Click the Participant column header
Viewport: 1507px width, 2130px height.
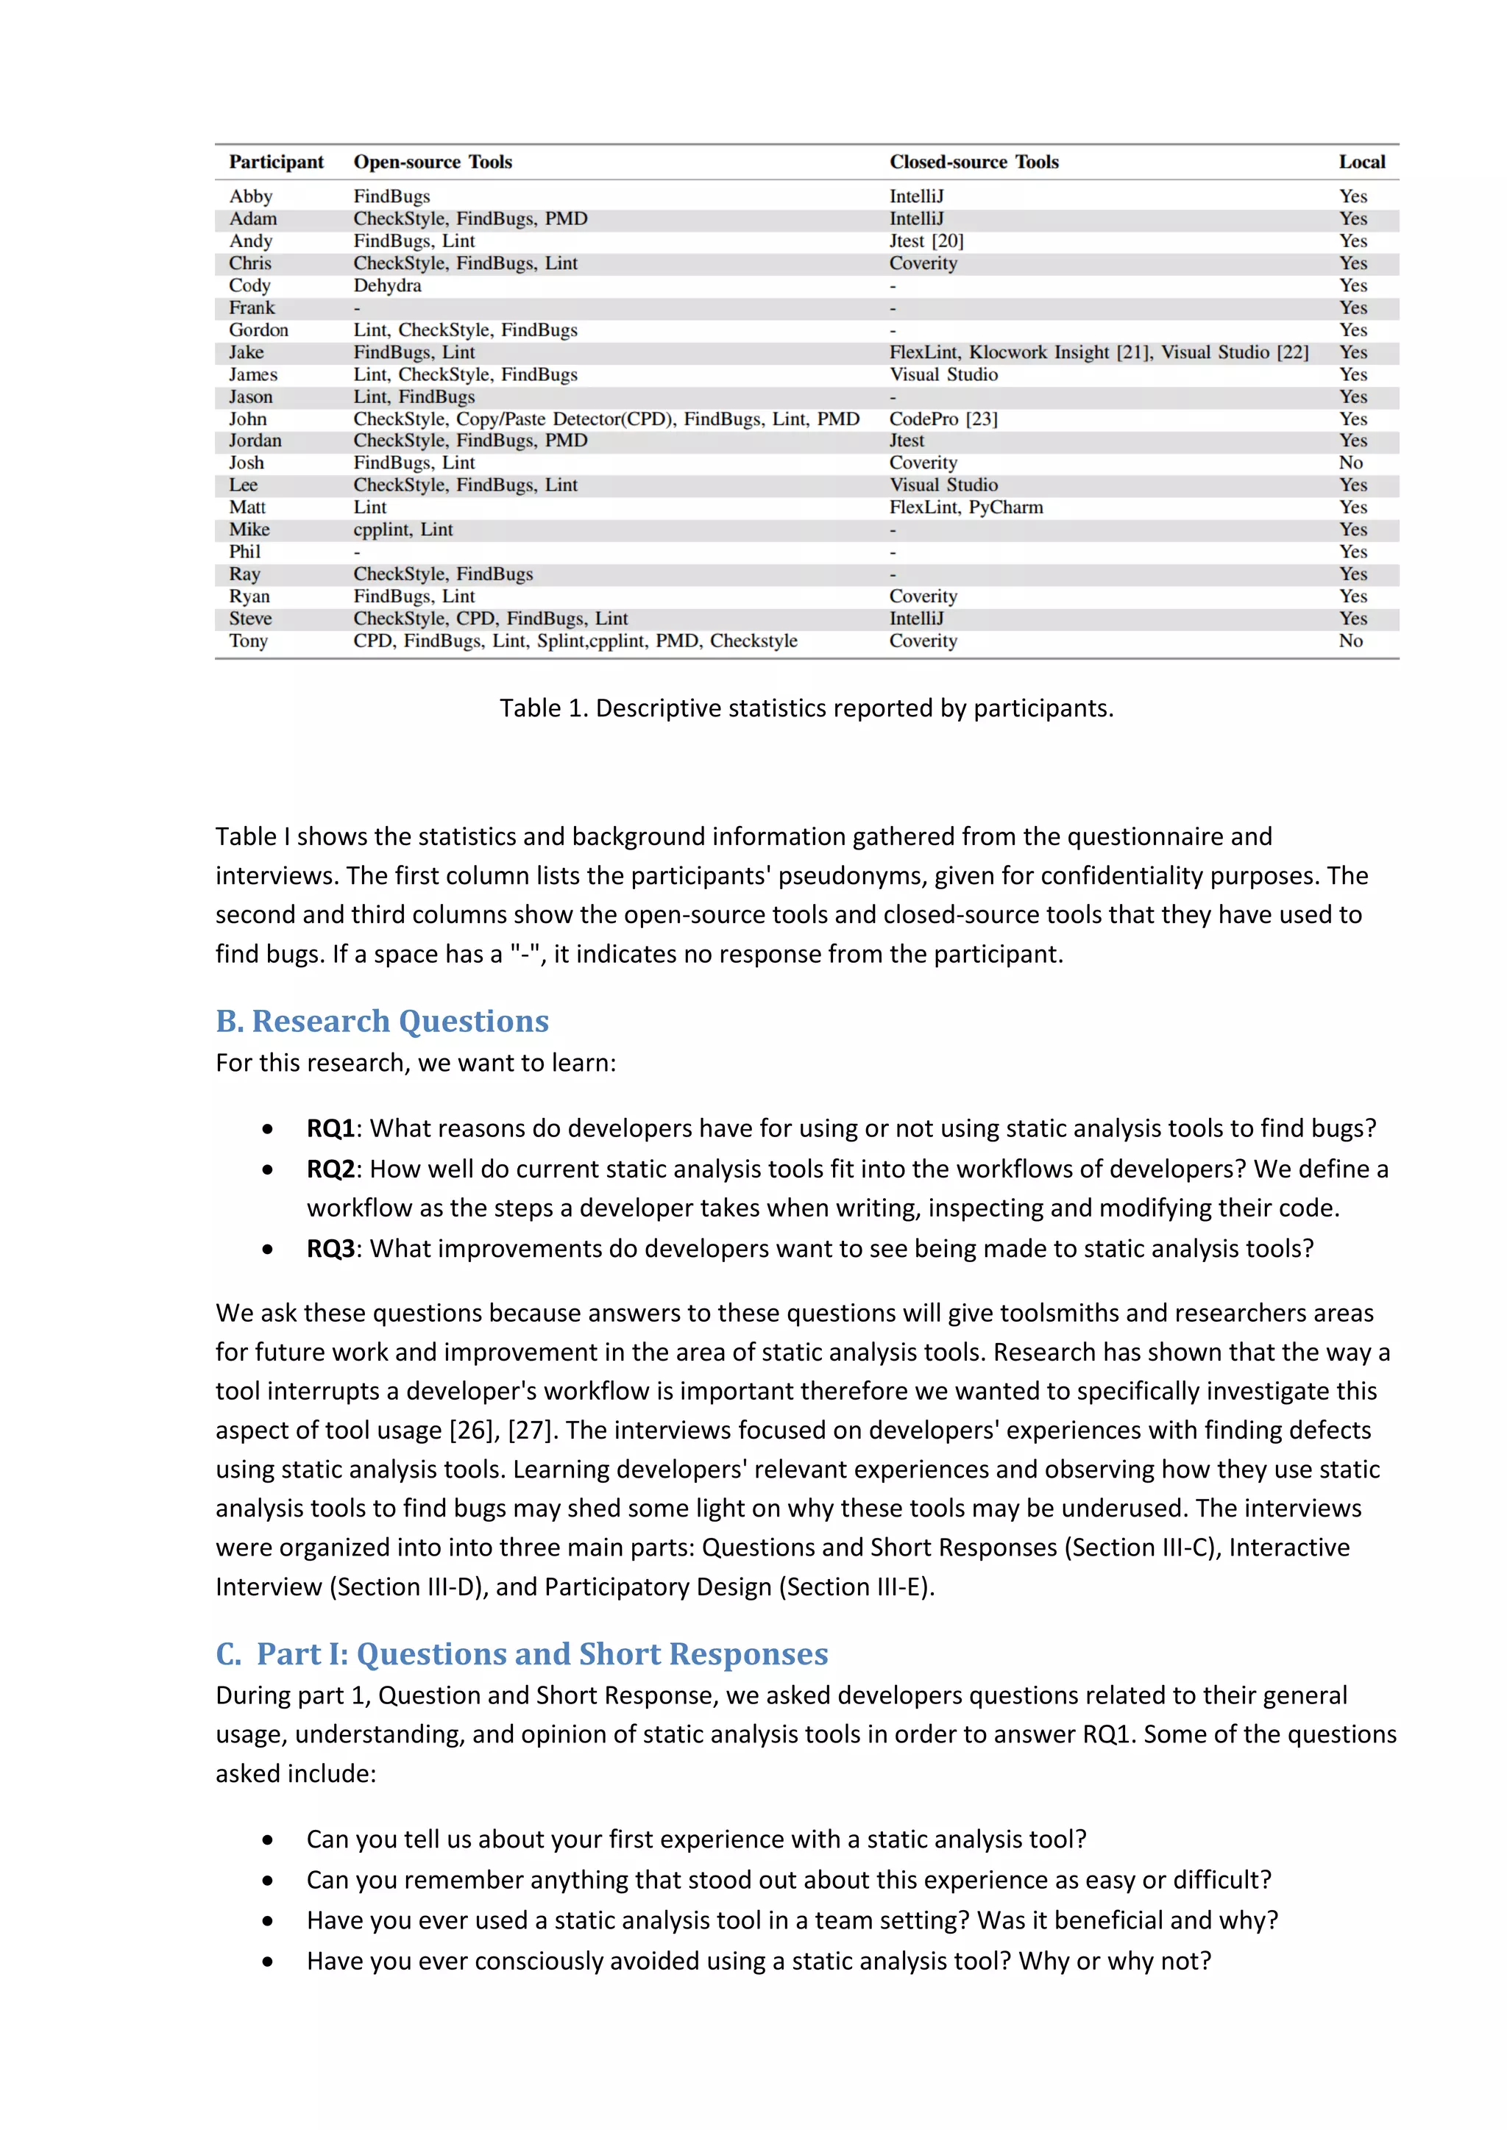pyautogui.click(x=277, y=163)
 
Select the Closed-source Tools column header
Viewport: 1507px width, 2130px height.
pyautogui.click(x=974, y=163)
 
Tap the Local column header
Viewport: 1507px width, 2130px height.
pyautogui.click(x=1361, y=163)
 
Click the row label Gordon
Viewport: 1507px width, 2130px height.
pyautogui.click(x=259, y=330)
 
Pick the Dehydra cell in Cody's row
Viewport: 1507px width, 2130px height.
pyautogui.click(x=387, y=285)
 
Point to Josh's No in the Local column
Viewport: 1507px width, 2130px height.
pyautogui.click(x=1350, y=463)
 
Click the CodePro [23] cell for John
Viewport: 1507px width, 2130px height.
pyautogui.click(x=943, y=419)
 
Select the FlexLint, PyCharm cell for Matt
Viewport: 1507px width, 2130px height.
pyautogui.click(x=965, y=507)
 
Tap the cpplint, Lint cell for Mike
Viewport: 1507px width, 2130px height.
pyautogui.click(x=403, y=530)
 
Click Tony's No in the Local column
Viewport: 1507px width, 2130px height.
pyautogui.click(x=1350, y=641)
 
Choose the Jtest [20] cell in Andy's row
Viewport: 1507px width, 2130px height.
pyautogui.click(x=926, y=241)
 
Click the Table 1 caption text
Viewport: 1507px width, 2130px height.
pyautogui.click(x=806, y=709)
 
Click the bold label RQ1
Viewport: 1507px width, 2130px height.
pyautogui.click(x=330, y=1129)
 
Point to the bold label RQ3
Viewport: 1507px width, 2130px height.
pyautogui.click(x=330, y=1249)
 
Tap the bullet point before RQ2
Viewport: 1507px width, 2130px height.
pyautogui.click(x=267, y=1170)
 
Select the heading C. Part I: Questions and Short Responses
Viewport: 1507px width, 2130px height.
pyautogui.click(x=522, y=1654)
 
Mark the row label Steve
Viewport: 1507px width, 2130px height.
pyautogui.click(x=250, y=619)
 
